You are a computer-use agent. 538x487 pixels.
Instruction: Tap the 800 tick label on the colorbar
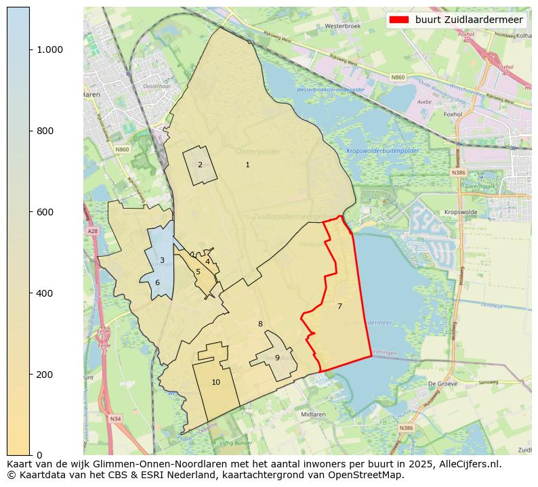pyautogui.click(x=45, y=131)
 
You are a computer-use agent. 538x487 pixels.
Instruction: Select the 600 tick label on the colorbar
pyautogui.click(x=45, y=212)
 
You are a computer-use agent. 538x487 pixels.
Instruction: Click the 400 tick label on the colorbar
pyautogui.click(x=45, y=293)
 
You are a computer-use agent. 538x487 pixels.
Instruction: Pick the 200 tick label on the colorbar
pyautogui.click(x=45, y=375)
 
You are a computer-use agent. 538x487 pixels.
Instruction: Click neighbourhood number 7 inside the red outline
pyautogui.click(x=339, y=306)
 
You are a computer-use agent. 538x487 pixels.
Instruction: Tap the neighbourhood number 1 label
pyautogui.click(x=247, y=165)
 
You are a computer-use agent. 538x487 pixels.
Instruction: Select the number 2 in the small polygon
pyautogui.click(x=200, y=165)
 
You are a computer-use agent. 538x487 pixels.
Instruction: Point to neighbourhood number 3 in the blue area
pyautogui.click(x=162, y=260)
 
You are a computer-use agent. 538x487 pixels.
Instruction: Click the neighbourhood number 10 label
pyautogui.click(x=215, y=382)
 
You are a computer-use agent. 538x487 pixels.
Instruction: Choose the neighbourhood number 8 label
pyautogui.click(x=260, y=324)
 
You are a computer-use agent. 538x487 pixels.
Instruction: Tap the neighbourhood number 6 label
pyautogui.click(x=157, y=282)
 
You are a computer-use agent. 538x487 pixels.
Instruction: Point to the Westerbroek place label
pyautogui.click(x=340, y=26)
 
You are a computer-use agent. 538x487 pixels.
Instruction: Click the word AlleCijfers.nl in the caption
pyautogui.click(x=468, y=464)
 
